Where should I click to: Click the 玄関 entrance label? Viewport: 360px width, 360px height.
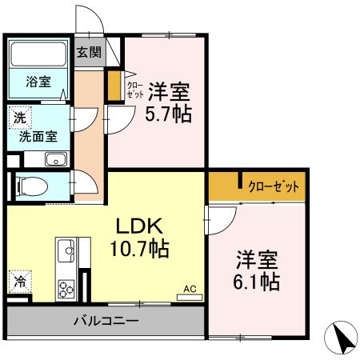coord(89,53)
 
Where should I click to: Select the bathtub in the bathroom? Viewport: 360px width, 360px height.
coord(39,56)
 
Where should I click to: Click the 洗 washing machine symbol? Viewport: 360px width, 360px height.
coord(18,117)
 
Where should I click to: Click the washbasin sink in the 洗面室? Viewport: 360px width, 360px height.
coord(55,158)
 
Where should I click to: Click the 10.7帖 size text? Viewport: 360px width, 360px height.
coord(138,249)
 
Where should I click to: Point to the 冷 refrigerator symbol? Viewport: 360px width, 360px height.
coord(18,282)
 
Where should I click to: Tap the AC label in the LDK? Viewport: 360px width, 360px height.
coord(190,289)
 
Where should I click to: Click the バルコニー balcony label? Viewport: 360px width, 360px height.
coord(106,322)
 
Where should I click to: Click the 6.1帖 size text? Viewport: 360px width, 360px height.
coord(257,282)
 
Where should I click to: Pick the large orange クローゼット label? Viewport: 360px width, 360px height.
coord(273,187)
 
